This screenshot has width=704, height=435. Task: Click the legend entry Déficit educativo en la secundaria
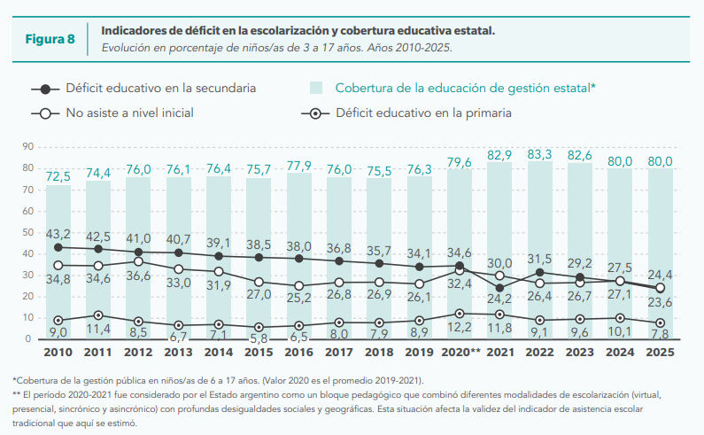point(160,88)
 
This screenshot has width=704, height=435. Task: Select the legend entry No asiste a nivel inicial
point(129,113)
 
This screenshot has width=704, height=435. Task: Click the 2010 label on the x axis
point(58,353)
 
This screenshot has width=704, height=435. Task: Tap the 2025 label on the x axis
point(660,353)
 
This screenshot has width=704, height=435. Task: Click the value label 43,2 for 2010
point(58,234)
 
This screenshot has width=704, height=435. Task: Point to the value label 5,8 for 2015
point(259,338)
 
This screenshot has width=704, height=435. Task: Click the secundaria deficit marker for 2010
point(58,247)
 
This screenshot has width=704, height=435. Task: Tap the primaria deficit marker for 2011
point(98,315)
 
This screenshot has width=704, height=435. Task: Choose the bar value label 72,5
point(58,177)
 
